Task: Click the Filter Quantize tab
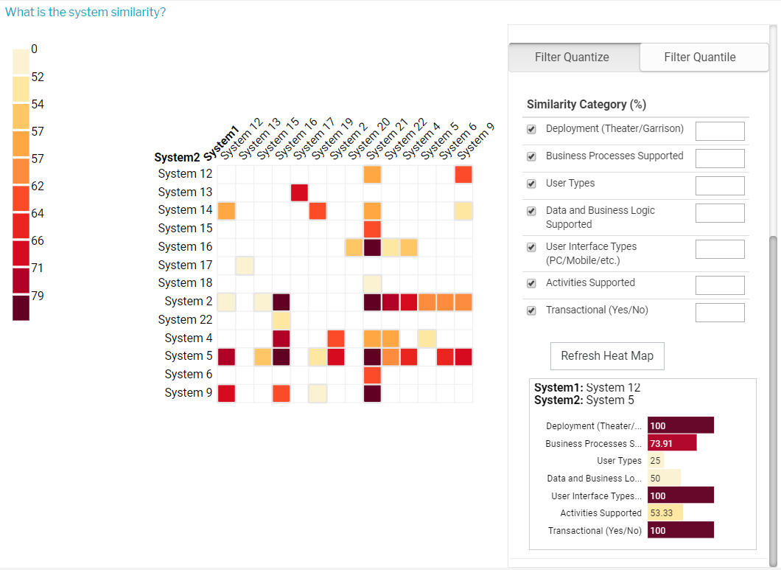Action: [x=572, y=57]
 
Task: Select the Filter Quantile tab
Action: [x=699, y=57]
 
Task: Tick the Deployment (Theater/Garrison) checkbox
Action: [x=531, y=129]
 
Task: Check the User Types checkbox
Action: [x=531, y=184]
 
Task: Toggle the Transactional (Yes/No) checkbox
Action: [x=531, y=310]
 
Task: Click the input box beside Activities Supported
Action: [x=720, y=285]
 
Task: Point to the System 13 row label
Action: [x=185, y=192]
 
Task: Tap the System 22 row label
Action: [x=185, y=319]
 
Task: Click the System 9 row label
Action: [x=189, y=392]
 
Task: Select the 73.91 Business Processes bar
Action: [x=672, y=443]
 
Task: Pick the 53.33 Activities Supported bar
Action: [x=665, y=512]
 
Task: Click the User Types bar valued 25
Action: [x=656, y=461]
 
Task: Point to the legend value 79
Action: [x=38, y=296]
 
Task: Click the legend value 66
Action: [x=38, y=240]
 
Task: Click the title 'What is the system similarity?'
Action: [x=85, y=13]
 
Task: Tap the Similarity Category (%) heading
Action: [x=586, y=105]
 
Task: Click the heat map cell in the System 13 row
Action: [x=299, y=192]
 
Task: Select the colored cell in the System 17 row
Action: [x=245, y=265]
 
